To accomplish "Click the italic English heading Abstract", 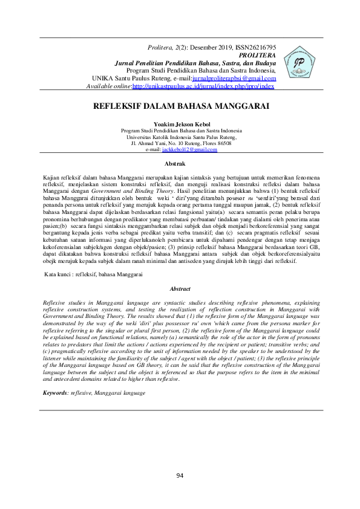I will coord(180,290).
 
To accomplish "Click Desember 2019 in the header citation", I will coord(209,47).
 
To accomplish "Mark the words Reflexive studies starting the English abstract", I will coord(65,300).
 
